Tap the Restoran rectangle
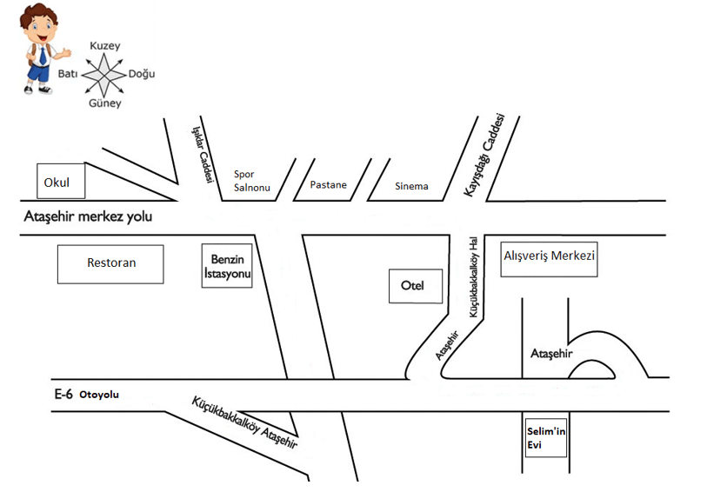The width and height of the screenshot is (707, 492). pos(110,263)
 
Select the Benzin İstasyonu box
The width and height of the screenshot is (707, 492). pos(227,265)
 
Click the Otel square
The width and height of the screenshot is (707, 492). pos(413,286)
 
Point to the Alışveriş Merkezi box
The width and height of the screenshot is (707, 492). pos(550,258)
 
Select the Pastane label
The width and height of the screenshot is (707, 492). pos(329,185)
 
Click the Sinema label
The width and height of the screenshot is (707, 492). pos(411,186)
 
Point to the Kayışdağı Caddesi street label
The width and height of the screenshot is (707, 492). pos(484,155)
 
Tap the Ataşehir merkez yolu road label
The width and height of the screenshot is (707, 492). pos(88,216)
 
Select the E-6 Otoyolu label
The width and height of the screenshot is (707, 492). pos(86,394)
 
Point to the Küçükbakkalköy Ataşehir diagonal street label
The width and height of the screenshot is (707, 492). pos(244,422)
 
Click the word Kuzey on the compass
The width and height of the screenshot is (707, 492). pos(105,46)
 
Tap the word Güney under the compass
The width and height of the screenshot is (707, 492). pos(105,103)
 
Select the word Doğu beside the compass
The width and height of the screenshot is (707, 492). pos(142,74)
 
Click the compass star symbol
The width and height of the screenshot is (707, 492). pos(105,75)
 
